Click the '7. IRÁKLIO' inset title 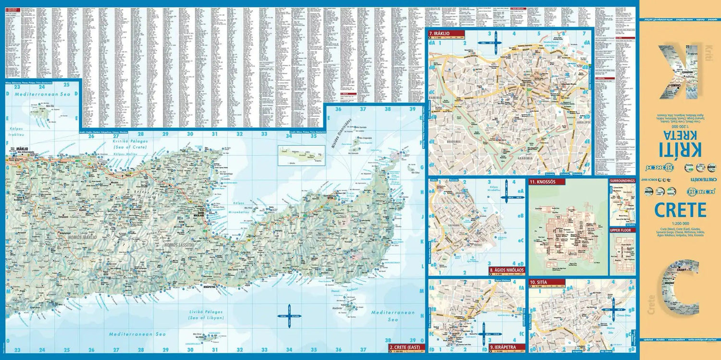tap(445, 34)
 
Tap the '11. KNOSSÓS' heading tap(547, 182)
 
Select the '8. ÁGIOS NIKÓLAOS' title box tap(507, 270)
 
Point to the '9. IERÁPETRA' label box tap(507, 347)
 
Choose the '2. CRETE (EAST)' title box tap(406, 347)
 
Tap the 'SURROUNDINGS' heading tap(622, 181)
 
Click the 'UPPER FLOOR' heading tap(622, 230)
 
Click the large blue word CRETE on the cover tap(680, 210)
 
